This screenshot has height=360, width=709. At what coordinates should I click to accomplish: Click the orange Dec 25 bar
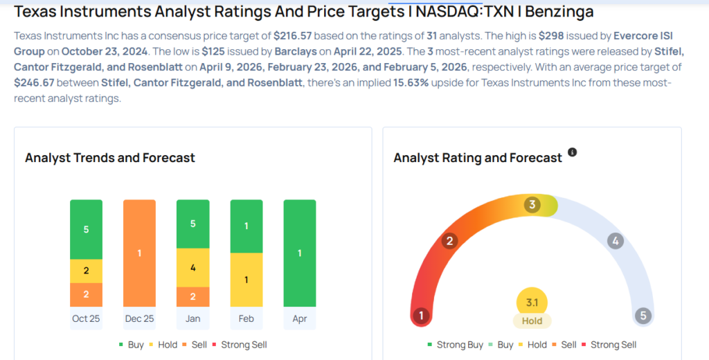pos(139,253)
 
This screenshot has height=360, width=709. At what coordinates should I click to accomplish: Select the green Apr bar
pos(299,253)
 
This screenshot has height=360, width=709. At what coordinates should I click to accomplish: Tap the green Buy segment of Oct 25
pos(86,229)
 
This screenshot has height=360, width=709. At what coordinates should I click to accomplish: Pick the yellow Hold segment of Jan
pos(192,267)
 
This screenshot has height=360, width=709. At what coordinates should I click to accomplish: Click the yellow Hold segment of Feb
pos(246,280)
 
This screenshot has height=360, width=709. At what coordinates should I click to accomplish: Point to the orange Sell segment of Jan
pos(192,296)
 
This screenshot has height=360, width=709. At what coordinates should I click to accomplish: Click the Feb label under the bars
pos(246,319)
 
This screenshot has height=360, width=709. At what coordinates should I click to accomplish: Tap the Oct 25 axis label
pos(86,319)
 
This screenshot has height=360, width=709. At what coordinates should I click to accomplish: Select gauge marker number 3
pos(532,205)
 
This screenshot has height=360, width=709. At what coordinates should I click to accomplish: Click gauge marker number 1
pos(420,316)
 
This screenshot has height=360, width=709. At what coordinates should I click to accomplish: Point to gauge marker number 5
pos(643,316)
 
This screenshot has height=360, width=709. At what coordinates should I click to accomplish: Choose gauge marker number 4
pos(614,241)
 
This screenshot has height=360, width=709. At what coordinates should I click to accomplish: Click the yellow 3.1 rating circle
pos(532,302)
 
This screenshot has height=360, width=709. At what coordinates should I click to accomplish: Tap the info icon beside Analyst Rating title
pos(572,152)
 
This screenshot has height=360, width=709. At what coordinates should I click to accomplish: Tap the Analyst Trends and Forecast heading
pos(110,158)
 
